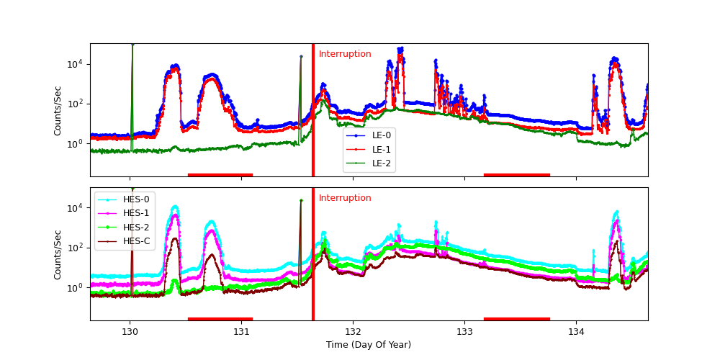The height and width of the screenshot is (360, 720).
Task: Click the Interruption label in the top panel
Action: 345,54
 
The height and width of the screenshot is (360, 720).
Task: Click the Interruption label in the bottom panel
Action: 345,198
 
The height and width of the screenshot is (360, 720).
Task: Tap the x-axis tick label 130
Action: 130,331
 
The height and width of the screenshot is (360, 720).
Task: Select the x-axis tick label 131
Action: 241,331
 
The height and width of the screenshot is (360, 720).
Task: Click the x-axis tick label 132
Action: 353,331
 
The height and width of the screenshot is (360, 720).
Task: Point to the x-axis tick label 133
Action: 464,331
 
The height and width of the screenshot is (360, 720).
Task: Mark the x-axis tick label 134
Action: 576,331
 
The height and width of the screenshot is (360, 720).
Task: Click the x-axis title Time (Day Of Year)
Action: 369,345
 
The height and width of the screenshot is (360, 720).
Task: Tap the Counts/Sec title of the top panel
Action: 58,110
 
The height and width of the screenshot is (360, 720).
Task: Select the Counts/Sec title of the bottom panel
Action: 58,254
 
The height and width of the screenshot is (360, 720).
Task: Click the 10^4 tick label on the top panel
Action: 75,64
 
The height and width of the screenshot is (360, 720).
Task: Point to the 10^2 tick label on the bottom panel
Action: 75,248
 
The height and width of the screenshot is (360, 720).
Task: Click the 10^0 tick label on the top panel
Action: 75,144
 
